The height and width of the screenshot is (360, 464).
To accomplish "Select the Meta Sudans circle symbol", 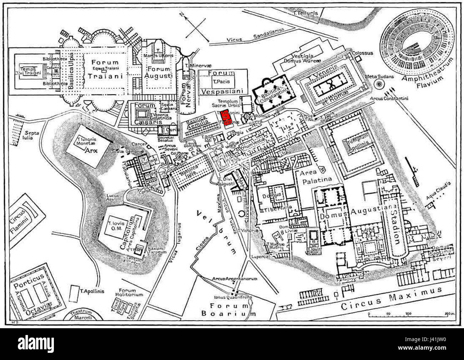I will [378, 85].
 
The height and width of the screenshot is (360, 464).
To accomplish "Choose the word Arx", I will [91, 150].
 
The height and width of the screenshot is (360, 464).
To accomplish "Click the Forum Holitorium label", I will [131, 292].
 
